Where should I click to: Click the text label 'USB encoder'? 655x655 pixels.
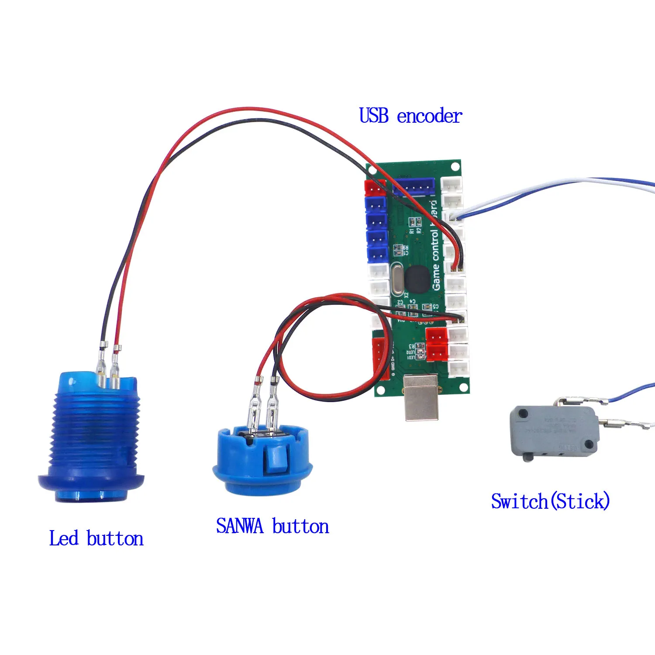[410, 116]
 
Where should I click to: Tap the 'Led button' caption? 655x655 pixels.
[96, 538]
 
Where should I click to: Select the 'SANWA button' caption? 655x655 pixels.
[272, 526]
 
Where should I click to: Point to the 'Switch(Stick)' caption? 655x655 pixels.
[550, 501]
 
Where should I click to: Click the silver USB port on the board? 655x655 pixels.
[421, 397]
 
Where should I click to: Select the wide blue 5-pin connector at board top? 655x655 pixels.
[413, 186]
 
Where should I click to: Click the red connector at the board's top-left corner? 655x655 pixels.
[375, 188]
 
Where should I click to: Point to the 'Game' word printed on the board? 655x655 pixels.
[436, 279]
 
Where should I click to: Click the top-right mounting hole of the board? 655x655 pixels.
[455, 166]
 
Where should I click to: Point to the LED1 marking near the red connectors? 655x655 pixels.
[411, 358]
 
